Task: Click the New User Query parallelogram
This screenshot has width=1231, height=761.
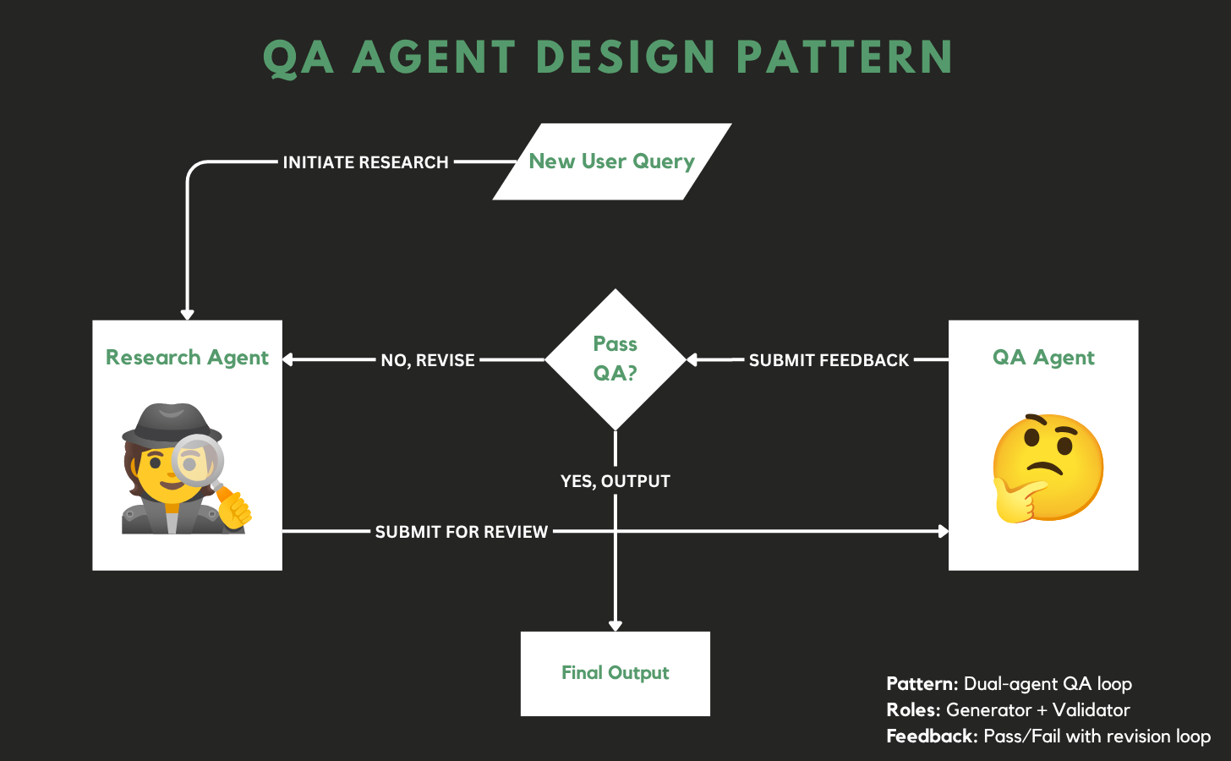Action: point(612,162)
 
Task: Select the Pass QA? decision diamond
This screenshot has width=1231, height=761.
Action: point(615,359)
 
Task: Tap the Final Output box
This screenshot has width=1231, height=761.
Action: point(615,673)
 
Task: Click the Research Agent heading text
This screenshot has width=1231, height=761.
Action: point(187,358)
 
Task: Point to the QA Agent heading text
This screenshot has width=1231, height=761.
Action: point(1043,358)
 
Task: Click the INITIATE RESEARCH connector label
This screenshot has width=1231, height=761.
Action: point(365,162)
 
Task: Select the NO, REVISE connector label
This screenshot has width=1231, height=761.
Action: point(428,360)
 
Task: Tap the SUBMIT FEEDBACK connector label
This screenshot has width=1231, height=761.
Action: point(829,360)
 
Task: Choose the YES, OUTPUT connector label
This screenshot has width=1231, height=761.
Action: point(615,481)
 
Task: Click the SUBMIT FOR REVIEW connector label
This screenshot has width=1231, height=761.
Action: point(462,532)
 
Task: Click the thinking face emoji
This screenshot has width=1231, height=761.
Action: point(1047,468)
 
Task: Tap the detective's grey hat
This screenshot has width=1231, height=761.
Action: point(172,423)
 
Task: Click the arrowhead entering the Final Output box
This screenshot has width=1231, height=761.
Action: point(615,626)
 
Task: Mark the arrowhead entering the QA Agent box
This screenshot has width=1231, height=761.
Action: point(944,531)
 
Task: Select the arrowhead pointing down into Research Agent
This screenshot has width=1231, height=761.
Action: point(188,315)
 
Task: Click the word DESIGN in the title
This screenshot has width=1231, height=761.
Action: point(626,57)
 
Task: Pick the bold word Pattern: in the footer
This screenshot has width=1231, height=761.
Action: point(922,683)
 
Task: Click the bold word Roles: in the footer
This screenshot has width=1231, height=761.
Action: point(913,709)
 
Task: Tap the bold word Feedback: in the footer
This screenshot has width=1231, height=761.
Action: point(932,736)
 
